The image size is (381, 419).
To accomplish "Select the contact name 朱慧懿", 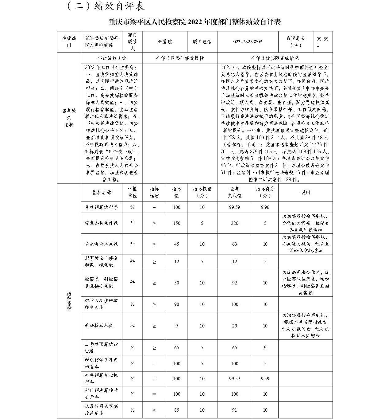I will point(165,42).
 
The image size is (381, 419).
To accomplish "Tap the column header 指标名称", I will point(102,192).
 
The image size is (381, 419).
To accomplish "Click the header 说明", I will point(305,192).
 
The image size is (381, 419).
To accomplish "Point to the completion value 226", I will point(234,223).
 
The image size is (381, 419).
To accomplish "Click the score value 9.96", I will point(265,207).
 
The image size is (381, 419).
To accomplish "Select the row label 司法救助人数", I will point(99,325).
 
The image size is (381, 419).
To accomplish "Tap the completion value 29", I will point(234,326).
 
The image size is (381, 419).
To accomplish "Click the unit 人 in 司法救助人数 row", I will point(132,325).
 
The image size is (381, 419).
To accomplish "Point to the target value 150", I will point(176,223).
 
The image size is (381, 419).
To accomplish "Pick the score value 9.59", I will point(265,378).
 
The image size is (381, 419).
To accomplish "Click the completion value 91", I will point(234,409).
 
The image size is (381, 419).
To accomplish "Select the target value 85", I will point(176,409).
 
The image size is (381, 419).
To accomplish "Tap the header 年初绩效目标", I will point(112,58).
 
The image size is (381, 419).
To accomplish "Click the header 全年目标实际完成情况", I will point(275,58).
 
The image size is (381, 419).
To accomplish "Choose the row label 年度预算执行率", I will point(101,207).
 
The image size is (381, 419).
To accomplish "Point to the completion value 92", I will point(234,283).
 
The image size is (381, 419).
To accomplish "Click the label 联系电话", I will point(202,42).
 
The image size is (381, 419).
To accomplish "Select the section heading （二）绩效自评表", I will point(106,6).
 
